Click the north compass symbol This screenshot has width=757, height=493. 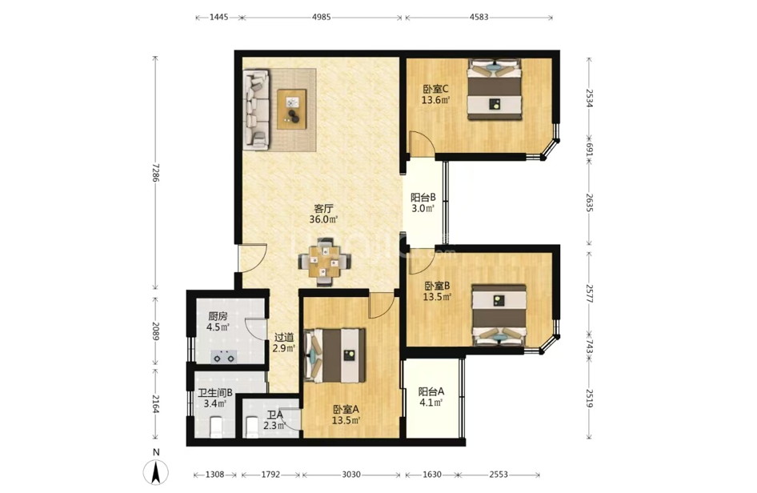(155, 471)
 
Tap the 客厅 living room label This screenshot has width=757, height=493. (323, 209)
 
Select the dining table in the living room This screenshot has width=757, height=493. (325, 263)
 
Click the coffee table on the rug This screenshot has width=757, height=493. (291, 109)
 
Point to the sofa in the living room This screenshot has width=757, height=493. (255, 109)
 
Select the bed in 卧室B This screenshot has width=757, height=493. (499, 315)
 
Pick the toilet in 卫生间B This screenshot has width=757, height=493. (216, 428)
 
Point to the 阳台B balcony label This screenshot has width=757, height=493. (423, 198)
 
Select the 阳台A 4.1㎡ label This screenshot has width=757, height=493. (431, 396)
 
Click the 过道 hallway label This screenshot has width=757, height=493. (284, 338)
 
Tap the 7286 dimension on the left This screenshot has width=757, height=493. (155, 172)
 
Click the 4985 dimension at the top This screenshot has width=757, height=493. (322, 17)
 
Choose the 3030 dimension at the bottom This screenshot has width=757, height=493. (351, 475)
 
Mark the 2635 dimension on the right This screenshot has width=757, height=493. (589, 202)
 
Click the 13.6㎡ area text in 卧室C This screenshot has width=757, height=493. (436, 100)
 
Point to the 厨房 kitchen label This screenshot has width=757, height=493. (218, 317)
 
